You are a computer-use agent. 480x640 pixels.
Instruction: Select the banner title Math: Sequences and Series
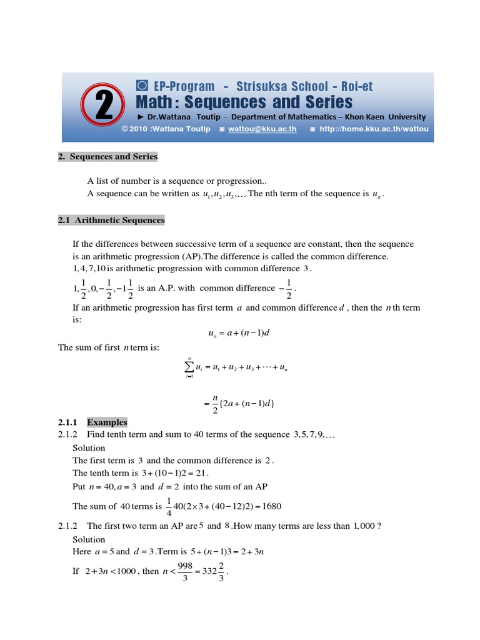click(x=244, y=102)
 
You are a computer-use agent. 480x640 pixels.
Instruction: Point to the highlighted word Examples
click(x=107, y=422)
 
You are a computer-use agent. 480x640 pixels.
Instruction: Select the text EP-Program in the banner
click(x=175, y=87)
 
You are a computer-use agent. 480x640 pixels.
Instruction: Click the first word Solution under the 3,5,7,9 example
click(x=89, y=448)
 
